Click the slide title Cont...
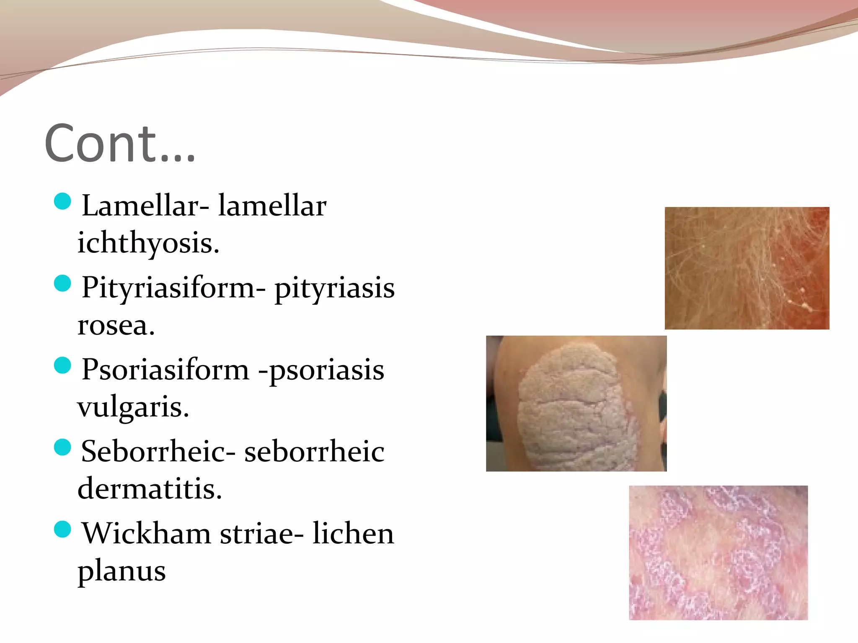point(120,143)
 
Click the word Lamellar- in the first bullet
point(145,206)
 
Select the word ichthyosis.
point(148,243)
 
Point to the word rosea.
point(116,325)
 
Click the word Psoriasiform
point(165,370)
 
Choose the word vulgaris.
point(133,407)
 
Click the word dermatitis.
point(150,489)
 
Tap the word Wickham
point(146,534)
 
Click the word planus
point(121,571)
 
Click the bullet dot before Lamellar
point(63,201)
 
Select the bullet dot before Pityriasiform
point(63,283)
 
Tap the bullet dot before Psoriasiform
point(63,365)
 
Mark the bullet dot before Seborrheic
point(63,448)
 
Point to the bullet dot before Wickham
point(63,530)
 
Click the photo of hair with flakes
point(747,268)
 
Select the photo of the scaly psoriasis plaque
point(576,404)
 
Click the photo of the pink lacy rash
point(718,553)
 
